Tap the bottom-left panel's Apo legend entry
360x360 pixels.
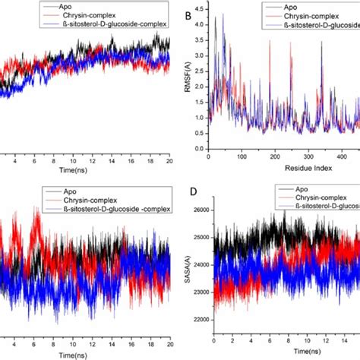[76, 188]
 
